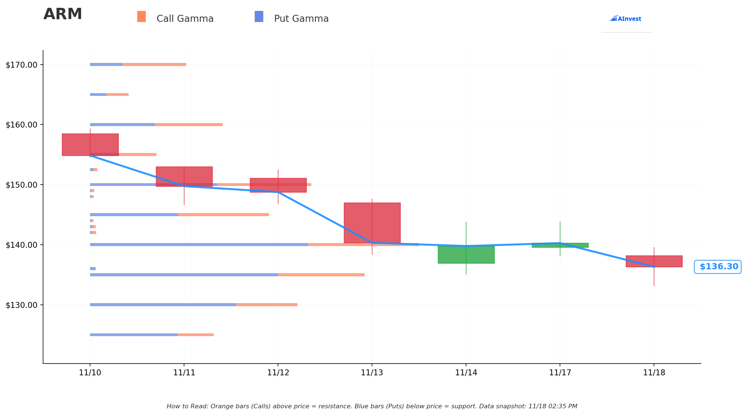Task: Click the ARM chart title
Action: tap(63, 15)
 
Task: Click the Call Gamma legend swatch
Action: tap(141, 16)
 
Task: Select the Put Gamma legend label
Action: tap(301, 19)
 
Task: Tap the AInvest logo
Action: tap(625, 19)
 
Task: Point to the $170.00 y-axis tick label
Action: tap(22, 65)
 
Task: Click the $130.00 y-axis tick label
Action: tap(22, 305)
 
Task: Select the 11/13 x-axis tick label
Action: tap(372, 373)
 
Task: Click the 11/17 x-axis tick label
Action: tap(560, 373)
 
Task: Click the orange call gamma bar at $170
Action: tap(154, 64)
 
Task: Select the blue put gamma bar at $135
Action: tap(184, 275)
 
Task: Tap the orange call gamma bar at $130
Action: tap(267, 305)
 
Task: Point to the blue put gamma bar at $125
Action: tap(133, 335)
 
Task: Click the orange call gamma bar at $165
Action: tap(117, 95)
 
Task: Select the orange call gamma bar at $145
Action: tap(223, 214)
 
